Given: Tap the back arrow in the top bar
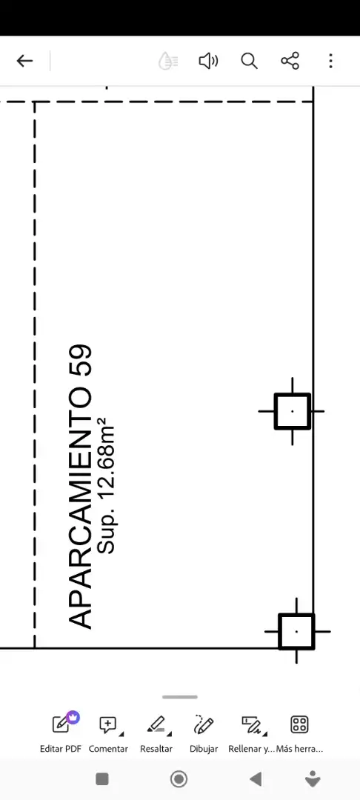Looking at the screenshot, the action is click(x=24, y=61).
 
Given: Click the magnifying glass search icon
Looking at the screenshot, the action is click(x=249, y=61).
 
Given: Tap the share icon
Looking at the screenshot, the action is click(x=290, y=61).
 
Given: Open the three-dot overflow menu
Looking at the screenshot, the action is click(x=330, y=61).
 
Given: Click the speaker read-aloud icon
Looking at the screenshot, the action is click(x=208, y=61).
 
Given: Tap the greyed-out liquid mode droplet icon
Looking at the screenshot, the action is click(x=167, y=61).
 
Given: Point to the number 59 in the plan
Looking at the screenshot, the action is click(x=79, y=361).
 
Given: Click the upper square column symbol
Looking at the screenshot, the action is click(x=292, y=411).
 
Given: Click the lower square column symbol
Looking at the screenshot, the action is click(x=297, y=632).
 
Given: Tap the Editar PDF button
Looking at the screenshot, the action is click(x=61, y=733).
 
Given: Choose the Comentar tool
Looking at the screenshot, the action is click(x=108, y=733).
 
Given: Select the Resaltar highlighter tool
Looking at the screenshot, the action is click(x=156, y=733).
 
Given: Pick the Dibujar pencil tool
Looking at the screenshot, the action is click(x=204, y=733).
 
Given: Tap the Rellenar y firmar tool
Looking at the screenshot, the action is click(x=251, y=733).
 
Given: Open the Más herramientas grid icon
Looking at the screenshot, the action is click(x=299, y=733).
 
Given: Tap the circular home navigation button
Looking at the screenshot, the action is click(x=179, y=779).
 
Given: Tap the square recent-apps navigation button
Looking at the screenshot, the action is click(x=102, y=779).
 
